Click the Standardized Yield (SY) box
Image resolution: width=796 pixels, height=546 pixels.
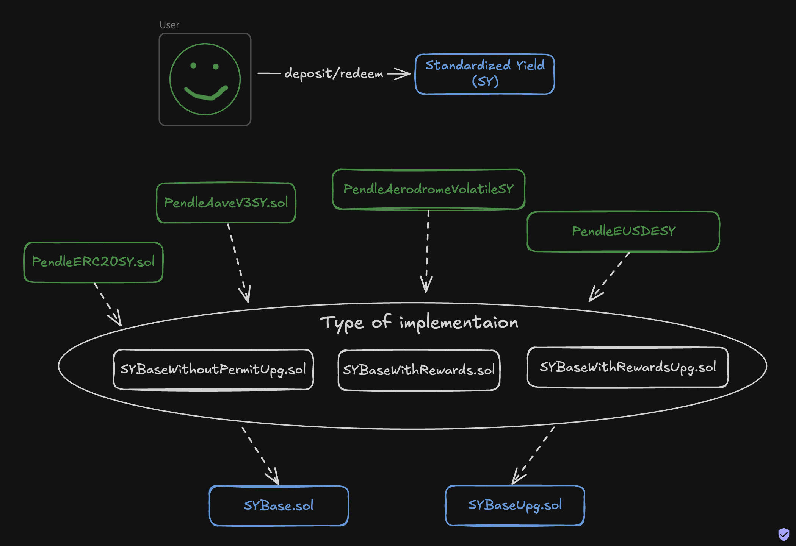[485, 74]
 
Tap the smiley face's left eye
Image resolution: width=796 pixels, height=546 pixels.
[193, 66]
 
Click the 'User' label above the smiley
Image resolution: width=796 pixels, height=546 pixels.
[169, 25]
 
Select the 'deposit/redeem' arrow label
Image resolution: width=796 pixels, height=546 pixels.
[334, 73]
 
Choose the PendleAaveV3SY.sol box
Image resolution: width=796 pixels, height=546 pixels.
[226, 203]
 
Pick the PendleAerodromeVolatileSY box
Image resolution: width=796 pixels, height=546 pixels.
[428, 189]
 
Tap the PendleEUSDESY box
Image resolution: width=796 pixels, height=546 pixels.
[623, 231]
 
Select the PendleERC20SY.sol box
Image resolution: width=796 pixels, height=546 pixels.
[93, 262]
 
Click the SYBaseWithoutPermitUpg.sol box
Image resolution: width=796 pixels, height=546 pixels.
[213, 370]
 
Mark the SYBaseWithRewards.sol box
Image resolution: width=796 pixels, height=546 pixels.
[418, 370]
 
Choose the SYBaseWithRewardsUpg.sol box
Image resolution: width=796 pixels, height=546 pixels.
[627, 367]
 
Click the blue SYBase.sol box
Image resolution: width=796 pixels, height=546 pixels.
[279, 505]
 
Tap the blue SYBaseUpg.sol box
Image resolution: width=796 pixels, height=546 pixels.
[515, 505]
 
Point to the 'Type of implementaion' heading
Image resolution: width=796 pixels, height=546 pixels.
[418, 323]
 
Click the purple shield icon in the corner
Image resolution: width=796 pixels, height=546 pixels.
[783, 534]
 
